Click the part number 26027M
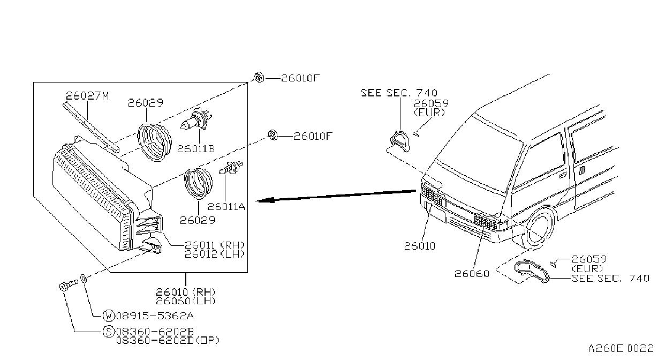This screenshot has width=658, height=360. click(87, 96)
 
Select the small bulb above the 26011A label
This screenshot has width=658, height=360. click(231, 168)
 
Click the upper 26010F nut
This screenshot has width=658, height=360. click(259, 77)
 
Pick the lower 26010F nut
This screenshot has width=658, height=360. click(273, 135)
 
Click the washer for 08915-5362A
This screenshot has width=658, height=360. click(84, 278)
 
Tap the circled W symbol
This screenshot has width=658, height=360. click(108, 316)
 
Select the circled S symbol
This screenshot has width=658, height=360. click(108, 332)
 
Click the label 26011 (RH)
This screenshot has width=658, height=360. click(215, 245)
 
